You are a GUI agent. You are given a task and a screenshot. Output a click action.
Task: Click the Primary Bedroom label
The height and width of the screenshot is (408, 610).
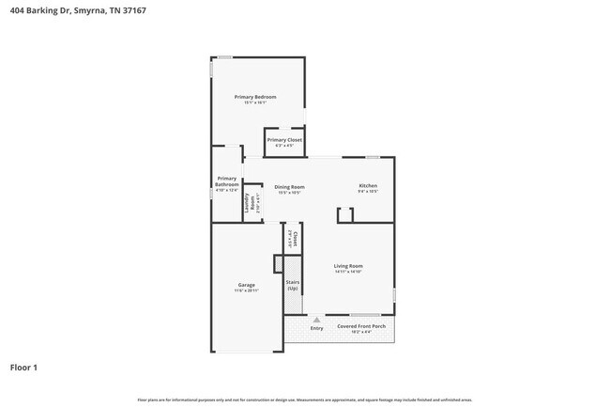tap(255, 97)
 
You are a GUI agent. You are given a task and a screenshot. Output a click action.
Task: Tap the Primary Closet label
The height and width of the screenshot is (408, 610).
tap(284, 140)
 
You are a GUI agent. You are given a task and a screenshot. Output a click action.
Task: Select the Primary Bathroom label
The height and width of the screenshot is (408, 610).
tap(227, 181)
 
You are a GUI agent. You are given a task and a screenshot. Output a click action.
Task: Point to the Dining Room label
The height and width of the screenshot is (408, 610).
tap(289, 186)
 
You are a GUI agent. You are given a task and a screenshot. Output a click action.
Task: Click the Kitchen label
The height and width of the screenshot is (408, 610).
tap(368, 186)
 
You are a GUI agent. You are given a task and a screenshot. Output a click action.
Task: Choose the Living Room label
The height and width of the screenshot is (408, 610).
tap(348, 266)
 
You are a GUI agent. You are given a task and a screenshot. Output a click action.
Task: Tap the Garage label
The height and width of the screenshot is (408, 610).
tap(246, 285)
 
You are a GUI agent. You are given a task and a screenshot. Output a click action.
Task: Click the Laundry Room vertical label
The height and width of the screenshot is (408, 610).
tap(251, 206)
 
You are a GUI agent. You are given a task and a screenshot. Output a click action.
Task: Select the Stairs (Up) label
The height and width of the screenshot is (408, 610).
tap(292, 285)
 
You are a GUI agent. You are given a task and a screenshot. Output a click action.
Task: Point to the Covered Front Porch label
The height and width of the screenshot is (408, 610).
tap(360, 327)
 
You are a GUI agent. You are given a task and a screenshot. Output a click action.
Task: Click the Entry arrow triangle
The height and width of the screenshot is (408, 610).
tap(316, 321)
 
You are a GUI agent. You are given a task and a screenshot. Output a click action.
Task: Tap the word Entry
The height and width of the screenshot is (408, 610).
tap(316, 327)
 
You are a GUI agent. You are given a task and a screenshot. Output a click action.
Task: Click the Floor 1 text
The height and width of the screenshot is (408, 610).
tap(23, 367)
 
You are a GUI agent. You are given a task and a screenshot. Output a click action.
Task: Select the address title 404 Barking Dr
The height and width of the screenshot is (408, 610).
tap(77, 10)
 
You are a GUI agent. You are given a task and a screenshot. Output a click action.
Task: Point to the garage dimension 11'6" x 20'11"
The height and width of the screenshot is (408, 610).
tap(246, 290)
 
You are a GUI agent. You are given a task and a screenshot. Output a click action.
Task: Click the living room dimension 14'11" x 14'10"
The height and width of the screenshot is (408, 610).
tap(348, 273)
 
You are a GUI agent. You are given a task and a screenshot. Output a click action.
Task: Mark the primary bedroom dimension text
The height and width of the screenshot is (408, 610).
tap(255, 102)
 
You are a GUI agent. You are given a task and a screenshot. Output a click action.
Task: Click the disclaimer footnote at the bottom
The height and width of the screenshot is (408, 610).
tap(305, 400)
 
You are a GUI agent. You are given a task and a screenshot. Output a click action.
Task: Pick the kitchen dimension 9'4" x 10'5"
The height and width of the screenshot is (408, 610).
tap(368, 192)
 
